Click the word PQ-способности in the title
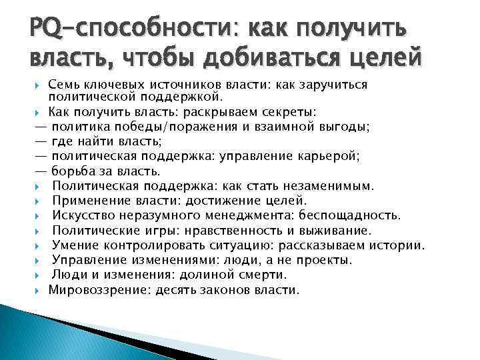pyautogui.click(x=127, y=29)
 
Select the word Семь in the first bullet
pyautogui.click(x=65, y=85)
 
